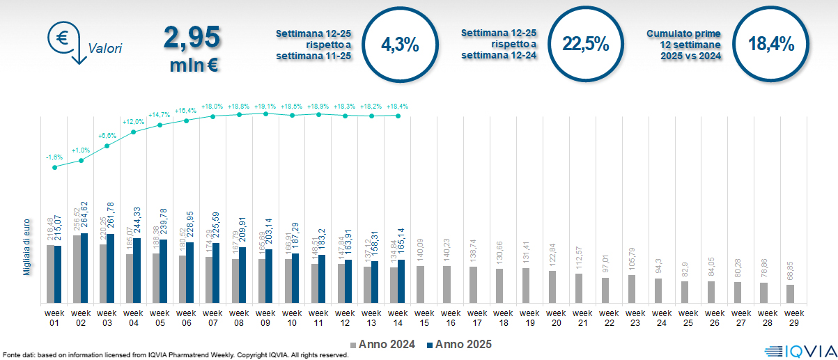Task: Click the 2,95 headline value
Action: point(192,38)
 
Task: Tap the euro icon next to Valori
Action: point(62,38)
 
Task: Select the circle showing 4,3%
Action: point(400,45)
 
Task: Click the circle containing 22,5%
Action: point(585,45)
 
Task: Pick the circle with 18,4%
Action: point(770,45)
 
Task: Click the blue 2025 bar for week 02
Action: point(84,268)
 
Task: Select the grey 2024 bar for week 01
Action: point(50,274)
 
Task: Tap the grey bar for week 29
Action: point(790,293)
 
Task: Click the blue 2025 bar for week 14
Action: point(401,281)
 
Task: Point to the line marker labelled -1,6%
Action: point(55,166)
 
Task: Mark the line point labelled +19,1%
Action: point(265,114)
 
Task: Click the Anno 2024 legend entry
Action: point(386,345)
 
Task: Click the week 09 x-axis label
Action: point(265,318)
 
